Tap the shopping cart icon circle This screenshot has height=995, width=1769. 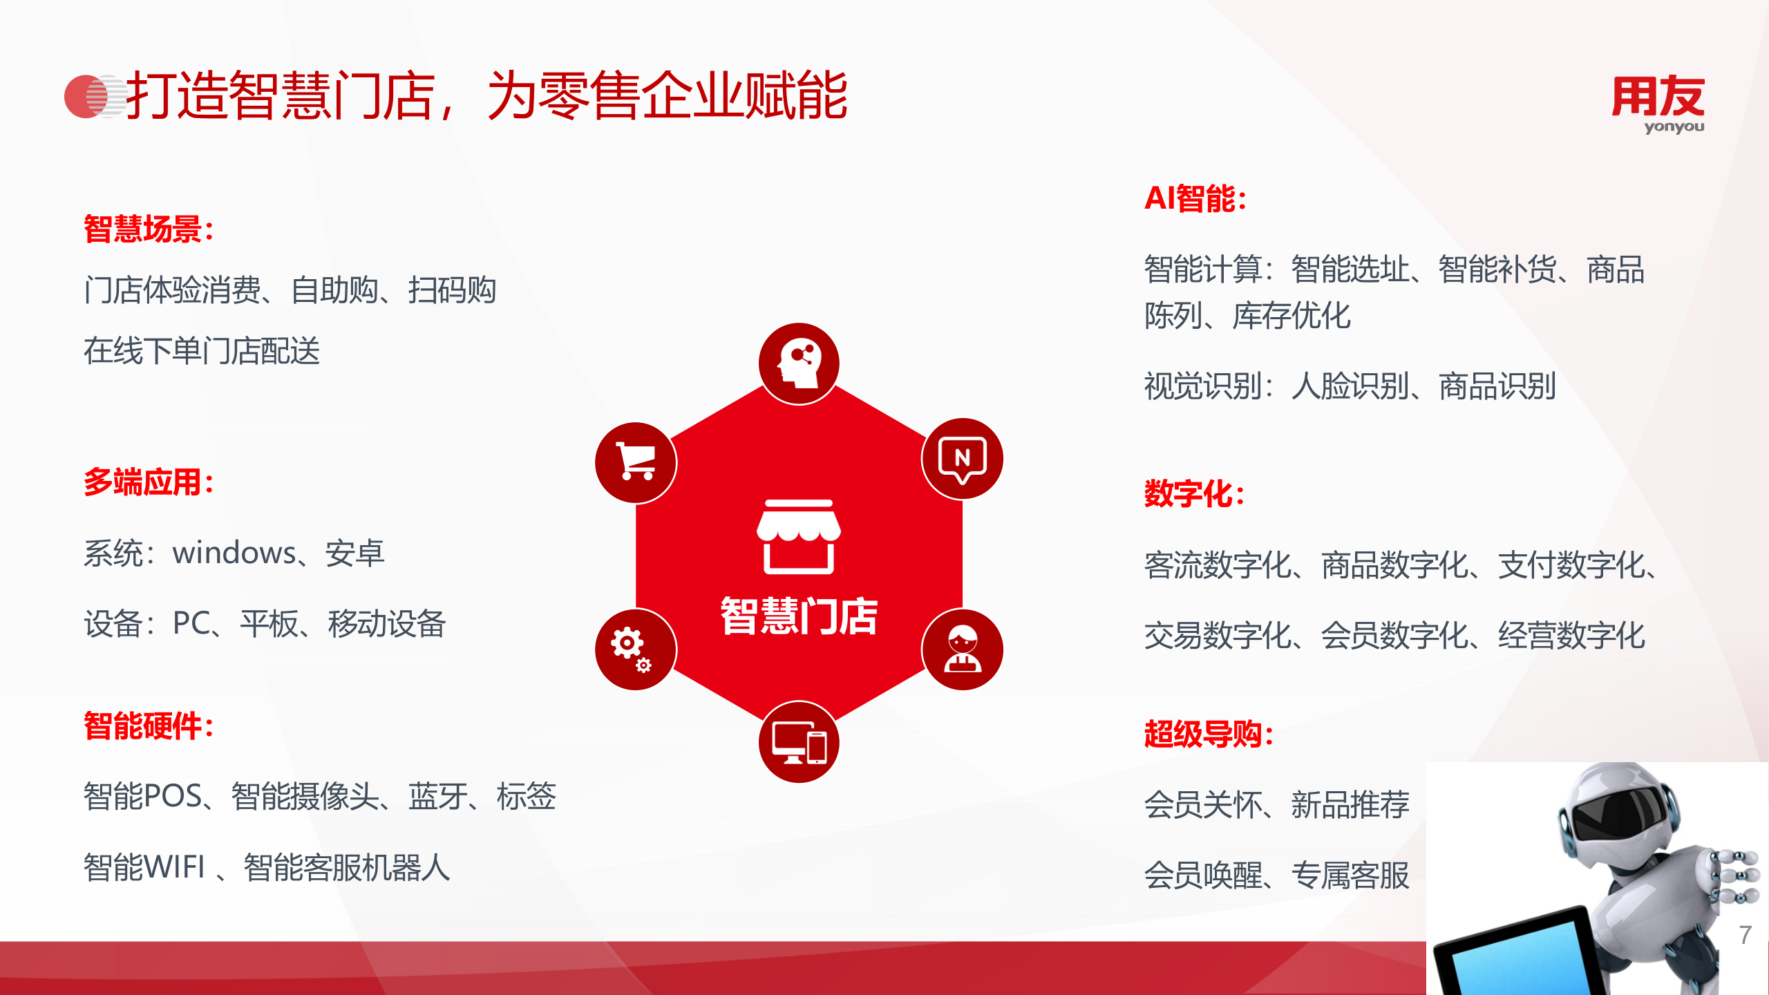click(636, 462)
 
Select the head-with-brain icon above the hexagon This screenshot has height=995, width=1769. click(799, 363)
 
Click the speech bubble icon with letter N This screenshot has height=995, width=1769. click(962, 459)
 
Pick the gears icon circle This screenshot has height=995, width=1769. click(636, 650)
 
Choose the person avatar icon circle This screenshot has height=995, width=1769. click(962, 650)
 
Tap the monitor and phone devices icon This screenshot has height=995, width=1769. click(799, 742)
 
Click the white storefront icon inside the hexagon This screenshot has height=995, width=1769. click(799, 537)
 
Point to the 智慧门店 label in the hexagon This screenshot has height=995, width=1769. click(799, 616)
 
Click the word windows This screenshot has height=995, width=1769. click(234, 553)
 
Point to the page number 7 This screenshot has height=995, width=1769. click(1746, 935)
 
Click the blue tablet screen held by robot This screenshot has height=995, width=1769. click(1520, 964)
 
